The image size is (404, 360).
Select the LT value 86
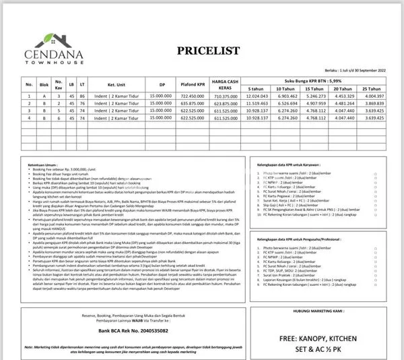[x=82, y=97]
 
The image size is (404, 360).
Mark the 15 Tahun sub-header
[x=314, y=88]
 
